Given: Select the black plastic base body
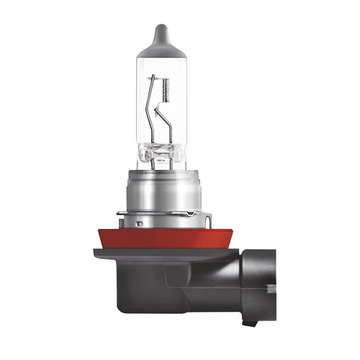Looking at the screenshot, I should [x=166, y=284].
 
